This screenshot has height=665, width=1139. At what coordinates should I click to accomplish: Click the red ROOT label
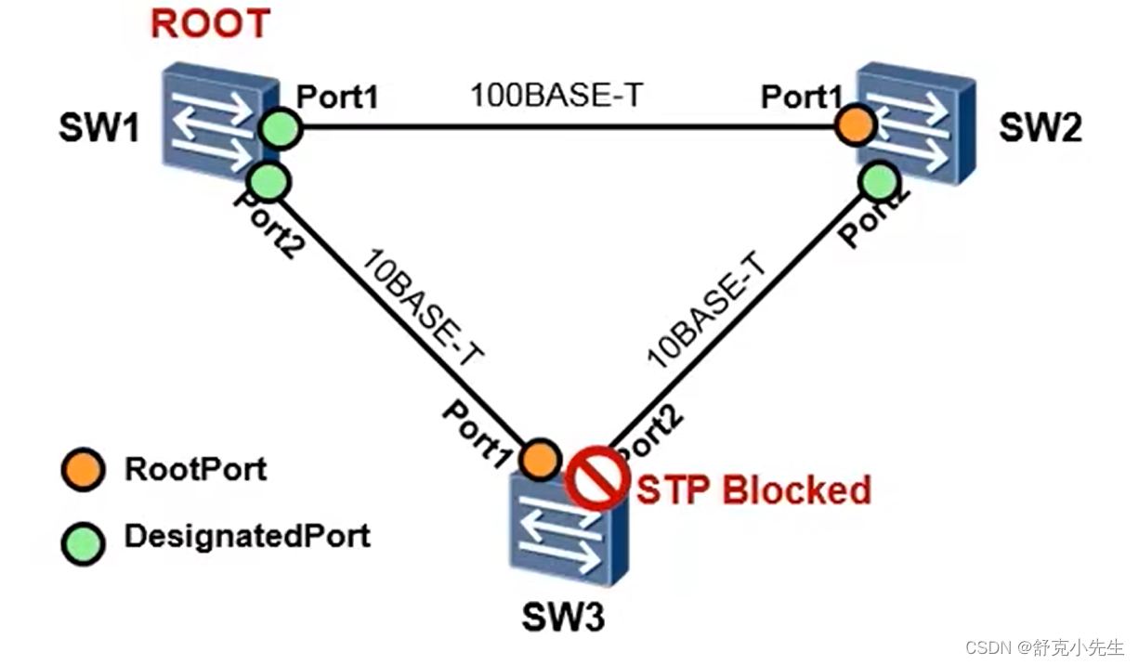point(210,24)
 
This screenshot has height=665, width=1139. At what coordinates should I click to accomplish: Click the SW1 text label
point(99,129)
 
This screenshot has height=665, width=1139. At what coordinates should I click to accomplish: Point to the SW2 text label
point(1040,129)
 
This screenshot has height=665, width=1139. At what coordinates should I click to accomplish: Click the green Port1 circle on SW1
point(280,128)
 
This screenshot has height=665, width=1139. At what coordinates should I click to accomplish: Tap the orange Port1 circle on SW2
point(855,125)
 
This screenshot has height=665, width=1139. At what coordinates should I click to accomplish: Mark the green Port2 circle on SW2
point(878,181)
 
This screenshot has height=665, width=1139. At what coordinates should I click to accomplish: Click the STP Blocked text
point(753,489)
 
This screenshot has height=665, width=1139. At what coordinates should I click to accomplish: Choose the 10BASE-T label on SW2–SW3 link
point(710,311)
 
